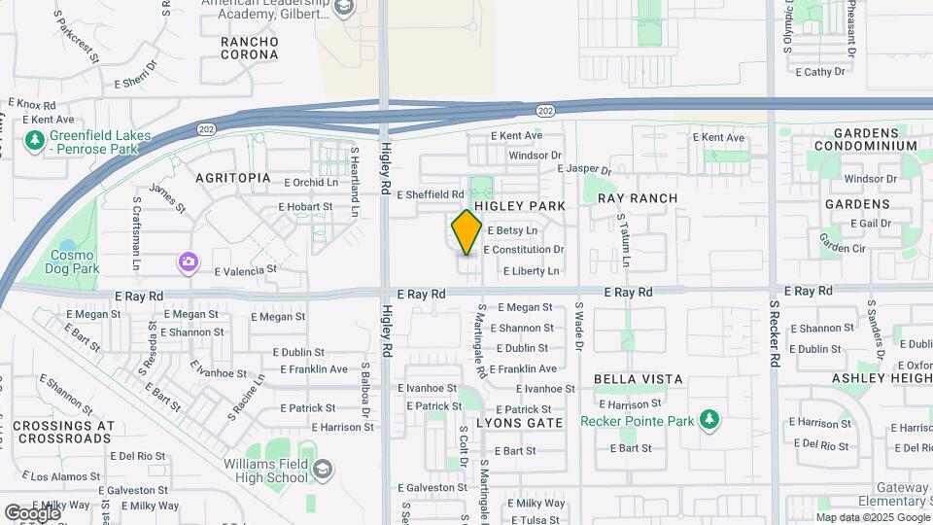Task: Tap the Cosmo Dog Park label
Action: coord(74,262)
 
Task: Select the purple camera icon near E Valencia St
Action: coord(188,262)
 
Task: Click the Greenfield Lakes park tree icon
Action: coord(36,142)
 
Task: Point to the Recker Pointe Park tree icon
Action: coord(710,420)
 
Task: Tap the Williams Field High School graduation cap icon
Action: coord(322,470)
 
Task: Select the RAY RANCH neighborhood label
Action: coord(637,198)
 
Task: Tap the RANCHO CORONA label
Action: coord(250,50)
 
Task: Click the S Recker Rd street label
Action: coord(775,332)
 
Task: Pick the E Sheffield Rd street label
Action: coord(429,194)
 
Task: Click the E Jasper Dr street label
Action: coord(585,169)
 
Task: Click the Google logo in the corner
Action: coord(31,512)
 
